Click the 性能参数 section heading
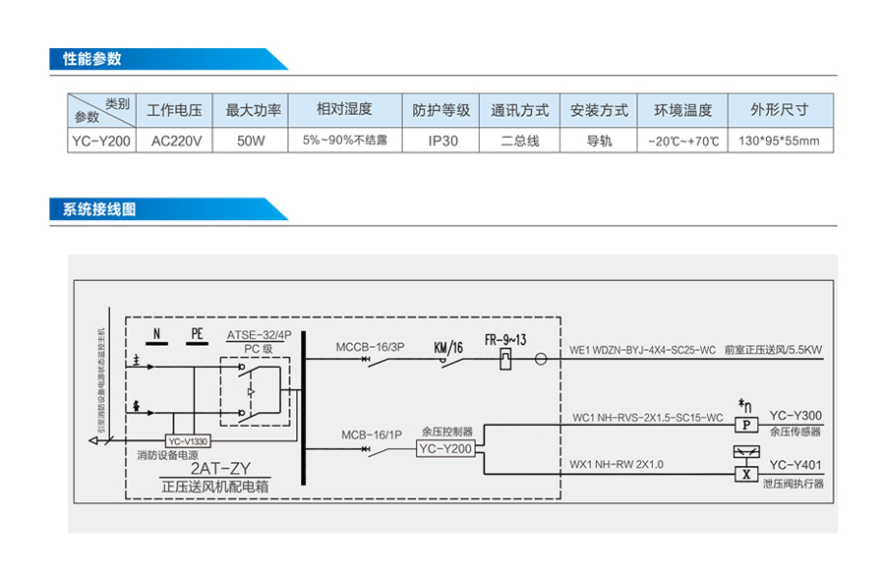pos(92,59)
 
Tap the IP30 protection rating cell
pos(443,141)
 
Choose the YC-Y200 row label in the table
pos(100,141)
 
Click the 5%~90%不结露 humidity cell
pos(344,141)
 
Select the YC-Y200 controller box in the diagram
pos(445,448)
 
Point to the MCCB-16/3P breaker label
pos(370,347)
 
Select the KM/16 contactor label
pos(447,347)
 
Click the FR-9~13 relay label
pos(506,340)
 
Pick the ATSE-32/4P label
pos(259,334)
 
